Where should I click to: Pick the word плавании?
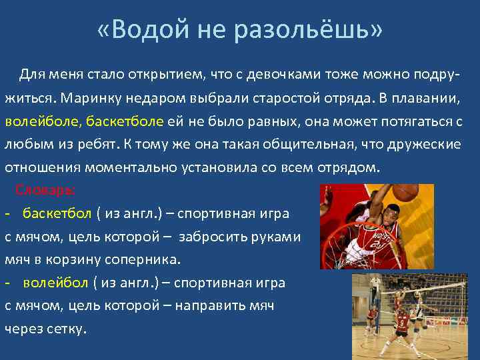coord(429,97)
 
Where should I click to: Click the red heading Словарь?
coord(45,189)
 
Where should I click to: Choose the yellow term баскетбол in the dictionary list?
coord(57,213)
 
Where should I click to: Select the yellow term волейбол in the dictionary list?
coord(55,283)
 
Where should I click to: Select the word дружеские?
coord(427,145)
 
